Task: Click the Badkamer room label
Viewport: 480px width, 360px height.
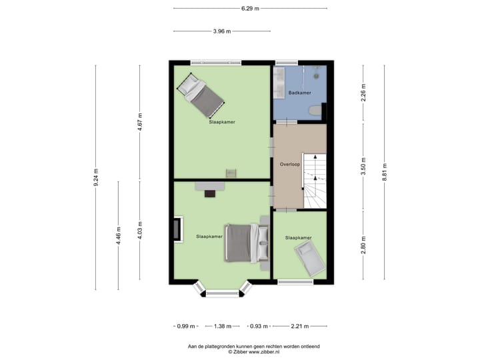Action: tap(300, 93)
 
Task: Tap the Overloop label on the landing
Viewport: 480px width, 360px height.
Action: tap(290, 163)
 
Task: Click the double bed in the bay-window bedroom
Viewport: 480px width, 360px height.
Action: tap(243, 243)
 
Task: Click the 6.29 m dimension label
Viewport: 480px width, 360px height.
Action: tap(251, 9)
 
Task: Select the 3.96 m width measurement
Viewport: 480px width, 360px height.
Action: tap(222, 31)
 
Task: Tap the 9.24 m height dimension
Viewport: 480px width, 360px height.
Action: tap(96, 177)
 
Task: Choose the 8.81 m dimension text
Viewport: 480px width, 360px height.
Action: tap(384, 177)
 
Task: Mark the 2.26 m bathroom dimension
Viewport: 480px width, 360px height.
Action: tap(363, 91)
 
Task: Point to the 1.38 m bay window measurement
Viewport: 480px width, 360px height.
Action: tap(223, 327)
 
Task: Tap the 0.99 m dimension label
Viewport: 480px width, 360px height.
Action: tap(186, 327)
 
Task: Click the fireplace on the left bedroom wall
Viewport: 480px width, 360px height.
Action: tap(177, 229)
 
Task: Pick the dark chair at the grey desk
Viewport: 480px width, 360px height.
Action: tap(210, 193)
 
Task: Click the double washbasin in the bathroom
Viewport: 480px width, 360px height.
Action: tap(279, 79)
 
